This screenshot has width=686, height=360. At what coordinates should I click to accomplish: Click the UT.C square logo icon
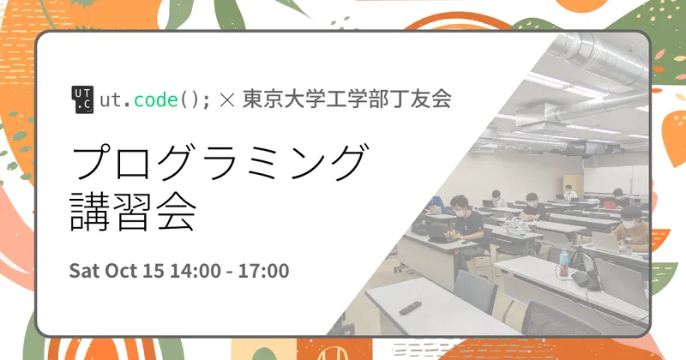click(x=82, y=100)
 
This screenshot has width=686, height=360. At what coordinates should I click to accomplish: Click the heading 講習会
click(x=133, y=213)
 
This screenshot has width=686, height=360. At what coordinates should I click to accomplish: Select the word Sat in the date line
click(x=84, y=271)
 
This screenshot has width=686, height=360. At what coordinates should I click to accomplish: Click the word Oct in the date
click(x=121, y=271)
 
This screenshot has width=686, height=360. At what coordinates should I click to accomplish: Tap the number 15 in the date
click(x=154, y=271)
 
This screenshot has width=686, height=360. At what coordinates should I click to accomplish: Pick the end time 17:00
click(x=262, y=271)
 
